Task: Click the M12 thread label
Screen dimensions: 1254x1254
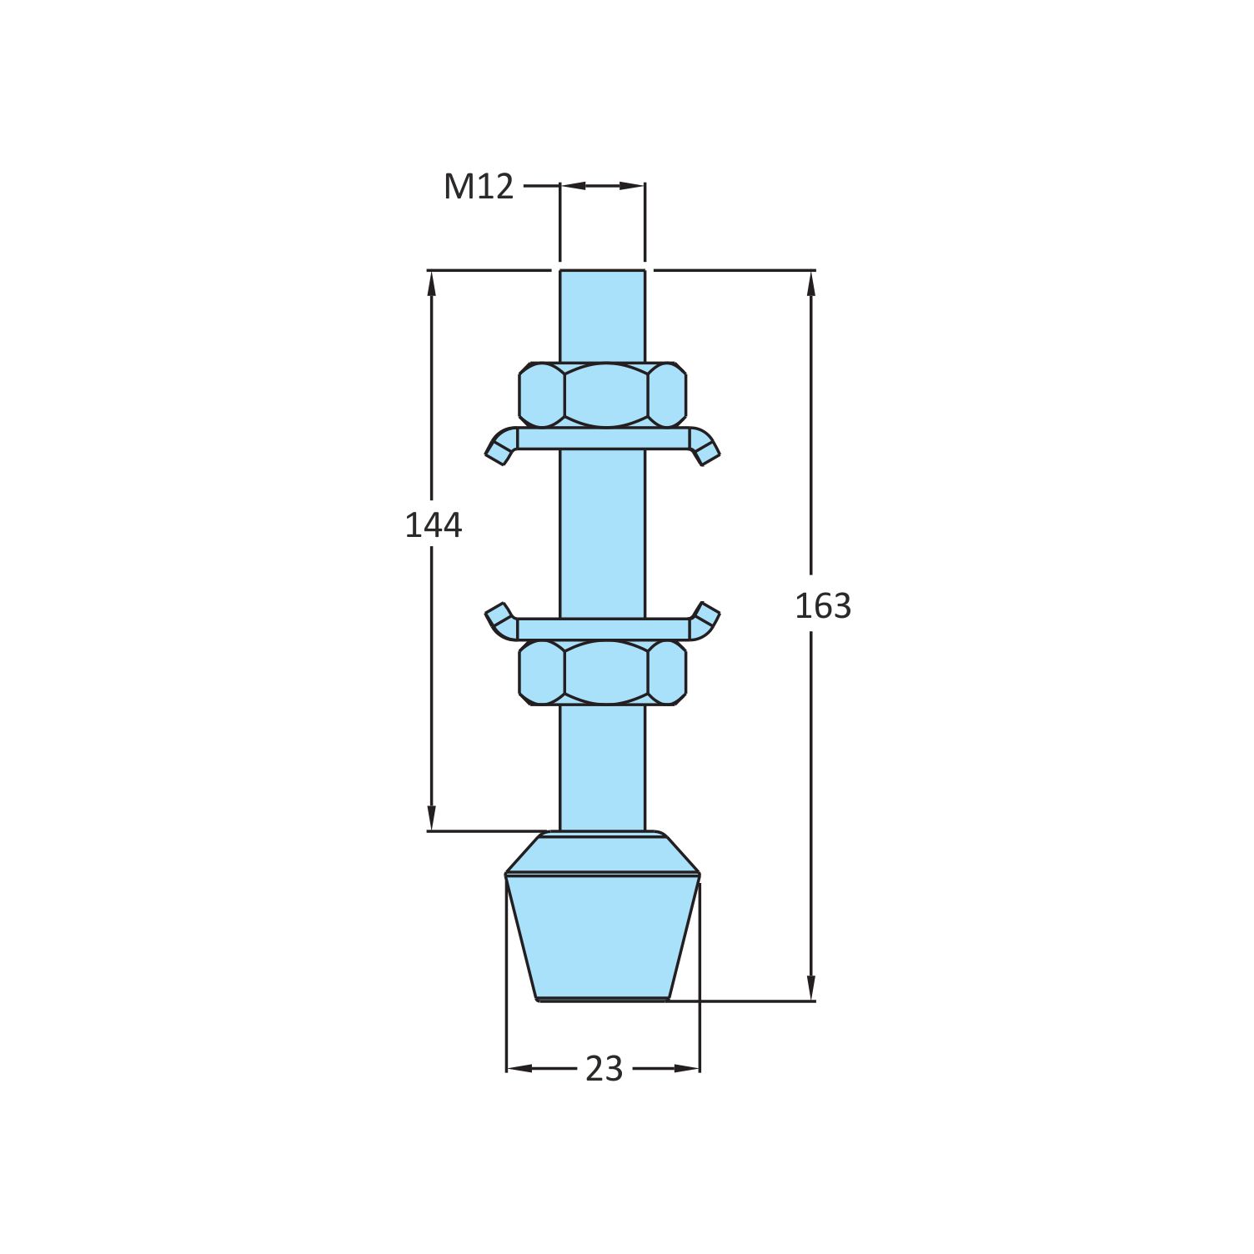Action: coord(478,187)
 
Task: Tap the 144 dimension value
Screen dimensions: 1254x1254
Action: coord(433,525)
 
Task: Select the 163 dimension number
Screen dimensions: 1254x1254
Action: coord(822,606)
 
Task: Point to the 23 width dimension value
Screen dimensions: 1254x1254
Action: coord(604,1069)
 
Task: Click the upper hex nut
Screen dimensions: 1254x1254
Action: coord(602,394)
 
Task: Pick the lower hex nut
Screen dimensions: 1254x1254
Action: coord(602,672)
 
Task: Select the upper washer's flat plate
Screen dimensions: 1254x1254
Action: coord(602,439)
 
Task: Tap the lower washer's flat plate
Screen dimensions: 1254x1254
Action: coord(602,629)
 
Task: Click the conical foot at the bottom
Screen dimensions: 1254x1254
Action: coord(602,934)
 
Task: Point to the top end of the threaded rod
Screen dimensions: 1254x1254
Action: coord(602,275)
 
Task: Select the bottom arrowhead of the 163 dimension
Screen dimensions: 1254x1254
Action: coord(811,989)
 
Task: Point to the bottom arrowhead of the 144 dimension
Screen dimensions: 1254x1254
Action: coord(431,819)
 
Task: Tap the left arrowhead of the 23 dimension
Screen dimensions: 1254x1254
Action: coord(517,1068)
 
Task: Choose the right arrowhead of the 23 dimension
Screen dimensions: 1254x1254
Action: coord(689,1068)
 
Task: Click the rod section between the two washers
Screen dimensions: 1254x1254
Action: coord(602,534)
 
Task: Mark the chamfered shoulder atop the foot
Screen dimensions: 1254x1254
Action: coord(602,852)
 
